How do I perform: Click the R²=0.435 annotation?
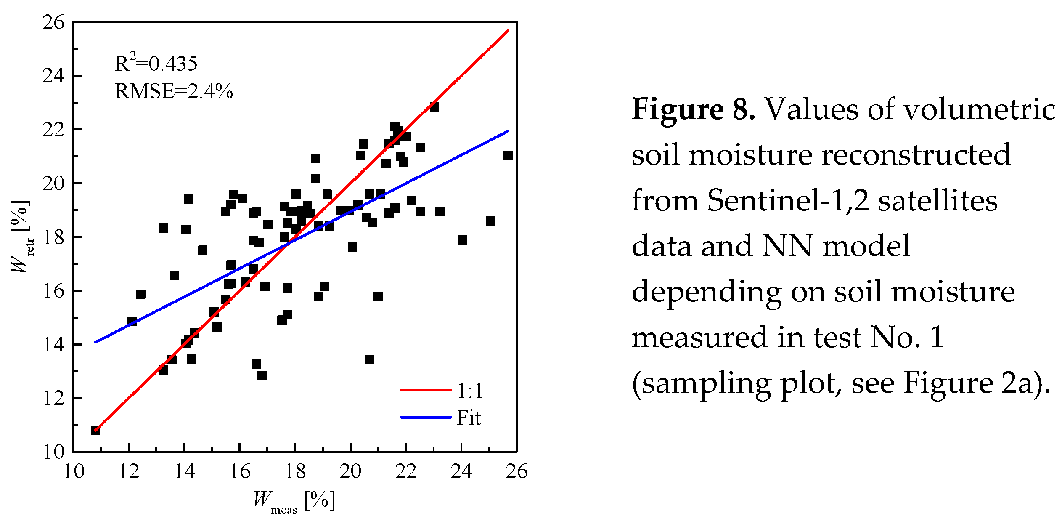(x=156, y=63)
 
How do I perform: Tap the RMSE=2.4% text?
(x=174, y=91)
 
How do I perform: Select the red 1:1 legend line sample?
(x=425, y=390)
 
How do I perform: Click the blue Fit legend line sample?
(x=425, y=417)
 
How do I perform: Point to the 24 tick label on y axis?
(x=53, y=76)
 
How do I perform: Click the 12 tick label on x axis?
(x=129, y=471)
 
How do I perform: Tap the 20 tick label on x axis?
(x=350, y=471)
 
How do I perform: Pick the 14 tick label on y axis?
(x=53, y=345)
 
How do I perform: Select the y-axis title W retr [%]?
(x=20, y=237)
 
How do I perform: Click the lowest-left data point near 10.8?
(x=95, y=430)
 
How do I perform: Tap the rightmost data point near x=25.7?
(x=508, y=156)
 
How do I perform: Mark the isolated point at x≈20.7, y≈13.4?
(x=369, y=360)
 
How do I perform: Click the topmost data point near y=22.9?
(x=434, y=107)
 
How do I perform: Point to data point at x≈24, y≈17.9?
(x=462, y=240)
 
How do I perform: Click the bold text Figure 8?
(x=693, y=109)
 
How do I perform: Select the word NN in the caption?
(x=787, y=246)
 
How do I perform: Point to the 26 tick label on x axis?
(x=516, y=471)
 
